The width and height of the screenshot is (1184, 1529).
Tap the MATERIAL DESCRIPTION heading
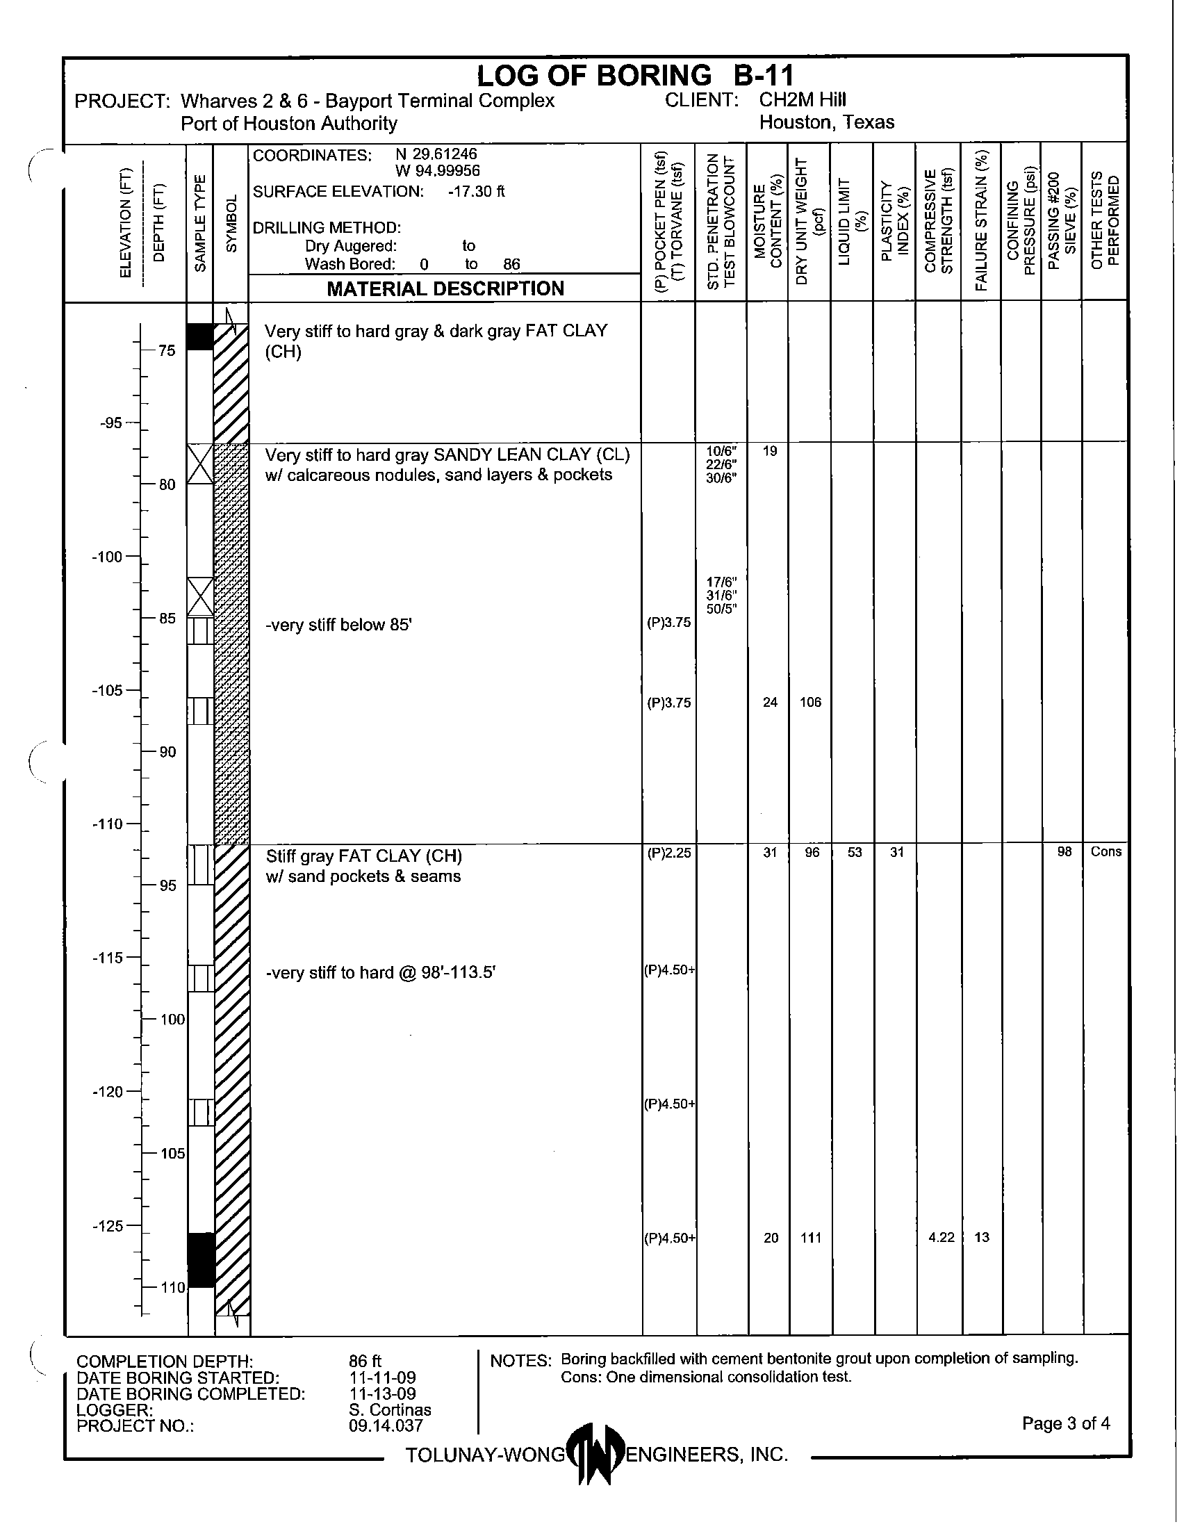point(445,288)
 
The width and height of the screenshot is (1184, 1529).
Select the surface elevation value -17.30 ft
point(476,192)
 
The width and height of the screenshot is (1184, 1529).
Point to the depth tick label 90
point(167,752)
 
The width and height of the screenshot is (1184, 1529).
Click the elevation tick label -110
point(107,824)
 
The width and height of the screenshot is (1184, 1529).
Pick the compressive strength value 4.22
point(942,1238)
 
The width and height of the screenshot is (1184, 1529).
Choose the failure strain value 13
point(982,1238)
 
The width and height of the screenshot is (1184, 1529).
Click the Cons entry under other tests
point(1105,852)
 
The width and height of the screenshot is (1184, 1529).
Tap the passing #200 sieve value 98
point(1064,852)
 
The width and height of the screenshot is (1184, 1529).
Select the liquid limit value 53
point(855,853)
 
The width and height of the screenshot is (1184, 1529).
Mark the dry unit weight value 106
point(810,702)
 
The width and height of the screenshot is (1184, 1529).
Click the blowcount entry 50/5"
point(721,609)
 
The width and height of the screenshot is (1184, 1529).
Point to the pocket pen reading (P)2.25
point(669,853)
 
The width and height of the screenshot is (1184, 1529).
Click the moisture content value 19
point(770,452)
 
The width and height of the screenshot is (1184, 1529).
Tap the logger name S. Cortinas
point(390,1409)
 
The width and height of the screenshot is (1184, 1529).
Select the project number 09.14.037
point(386,1425)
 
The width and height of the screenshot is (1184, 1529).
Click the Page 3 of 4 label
point(1066,1423)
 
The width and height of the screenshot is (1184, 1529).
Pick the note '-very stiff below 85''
point(338,625)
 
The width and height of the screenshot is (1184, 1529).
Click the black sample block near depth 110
point(201,1260)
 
